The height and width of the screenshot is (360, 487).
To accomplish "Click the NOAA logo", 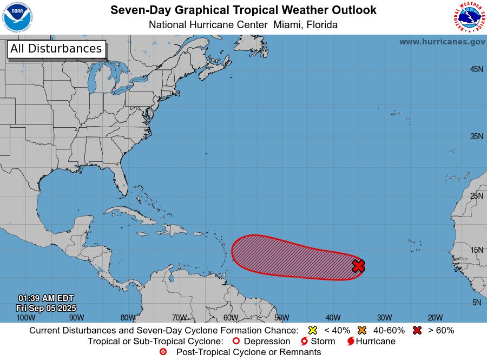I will pyautogui.click(x=17, y=17).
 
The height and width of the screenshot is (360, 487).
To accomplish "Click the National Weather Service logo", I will pyautogui.click(x=469, y=17).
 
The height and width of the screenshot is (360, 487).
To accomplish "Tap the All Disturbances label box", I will pyautogui.click(x=56, y=49).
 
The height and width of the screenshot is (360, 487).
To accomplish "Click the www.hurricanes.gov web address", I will pyautogui.click(x=442, y=42).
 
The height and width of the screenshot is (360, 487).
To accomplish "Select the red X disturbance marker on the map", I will pyautogui.click(x=358, y=266).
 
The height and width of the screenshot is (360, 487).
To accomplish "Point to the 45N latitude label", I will pyautogui.click(x=476, y=69).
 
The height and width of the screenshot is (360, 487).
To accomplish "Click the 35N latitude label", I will pyautogui.click(x=476, y=136).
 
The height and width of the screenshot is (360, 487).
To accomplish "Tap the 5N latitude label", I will pyautogui.click(x=476, y=303).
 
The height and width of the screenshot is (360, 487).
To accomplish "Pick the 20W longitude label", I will pyautogui.click(x=435, y=318).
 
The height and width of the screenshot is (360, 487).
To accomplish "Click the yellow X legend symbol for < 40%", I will pyautogui.click(x=312, y=330).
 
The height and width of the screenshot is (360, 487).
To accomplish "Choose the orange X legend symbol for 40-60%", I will pyautogui.click(x=362, y=330).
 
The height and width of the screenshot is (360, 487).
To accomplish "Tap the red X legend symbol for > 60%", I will pyautogui.click(x=417, y=330).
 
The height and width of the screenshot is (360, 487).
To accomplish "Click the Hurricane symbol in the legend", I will pyautogui.click(x=351, y=341).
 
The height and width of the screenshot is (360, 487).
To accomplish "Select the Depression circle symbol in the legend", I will pyautogui.click(x=235, y=341).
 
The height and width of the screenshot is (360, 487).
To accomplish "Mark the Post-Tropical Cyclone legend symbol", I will pyautogui.click(x=163, y=352).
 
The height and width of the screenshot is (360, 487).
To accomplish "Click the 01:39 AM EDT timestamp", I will pyautogui.click(x=46, y=298).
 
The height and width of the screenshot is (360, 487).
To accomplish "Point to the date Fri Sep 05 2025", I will pyautogui.click(x=46, y=308).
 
